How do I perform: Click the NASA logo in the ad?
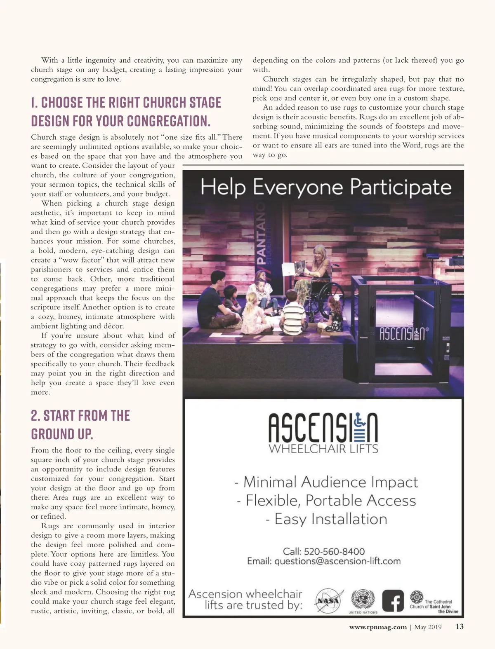tap(329, 601)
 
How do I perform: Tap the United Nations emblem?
tap(363, 598)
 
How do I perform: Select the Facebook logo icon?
tap(393, 601)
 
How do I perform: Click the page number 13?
tap(460, 627)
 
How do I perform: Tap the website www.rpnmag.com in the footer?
tap(378, 627)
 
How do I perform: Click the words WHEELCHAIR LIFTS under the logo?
tap(323, 449)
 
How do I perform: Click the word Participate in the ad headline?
tap(401, 187)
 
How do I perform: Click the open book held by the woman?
tap(293, 268)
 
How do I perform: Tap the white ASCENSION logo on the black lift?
tap(401, 333)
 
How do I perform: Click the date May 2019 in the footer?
tap(428, 627)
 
